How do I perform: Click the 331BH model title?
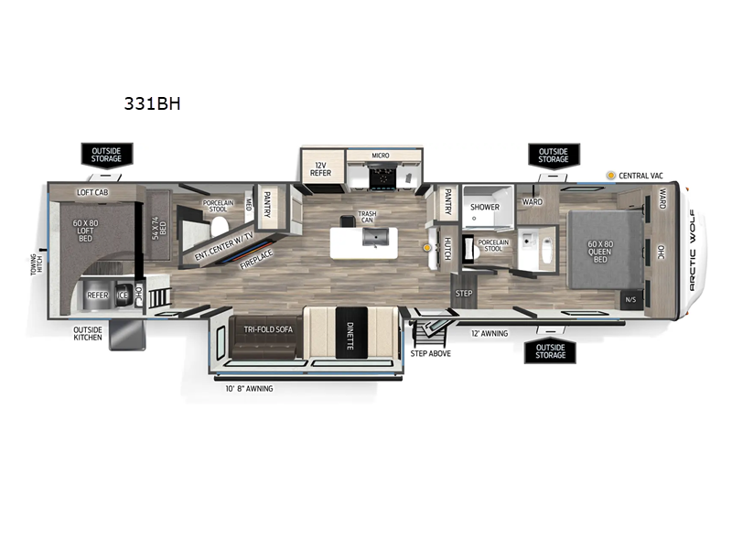(153, 103)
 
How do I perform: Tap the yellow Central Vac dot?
(611, 174)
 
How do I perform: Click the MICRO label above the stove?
(380, 156)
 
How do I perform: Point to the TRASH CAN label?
(367, 216)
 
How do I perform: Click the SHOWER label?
(485, 207)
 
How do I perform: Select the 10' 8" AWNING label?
(248, 388)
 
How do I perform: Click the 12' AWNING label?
(489, 334)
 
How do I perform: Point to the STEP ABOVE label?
(430, 352)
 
